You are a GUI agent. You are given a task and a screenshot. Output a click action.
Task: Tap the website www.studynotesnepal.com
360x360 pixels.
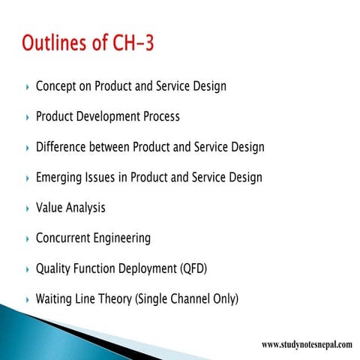click(x=306, y=344)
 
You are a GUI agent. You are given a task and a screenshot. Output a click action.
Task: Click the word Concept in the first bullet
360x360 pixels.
click(x=58, y=86)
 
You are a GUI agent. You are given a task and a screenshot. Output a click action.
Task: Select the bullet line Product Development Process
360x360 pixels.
click(x=107, y=117)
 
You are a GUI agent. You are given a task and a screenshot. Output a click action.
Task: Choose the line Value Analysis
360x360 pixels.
click(x=70, y=208)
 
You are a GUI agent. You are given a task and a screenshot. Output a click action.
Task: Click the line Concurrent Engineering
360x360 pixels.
click(x=93, y=238)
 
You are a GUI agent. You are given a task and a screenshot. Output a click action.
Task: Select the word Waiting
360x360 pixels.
click(x=57, y=299)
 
